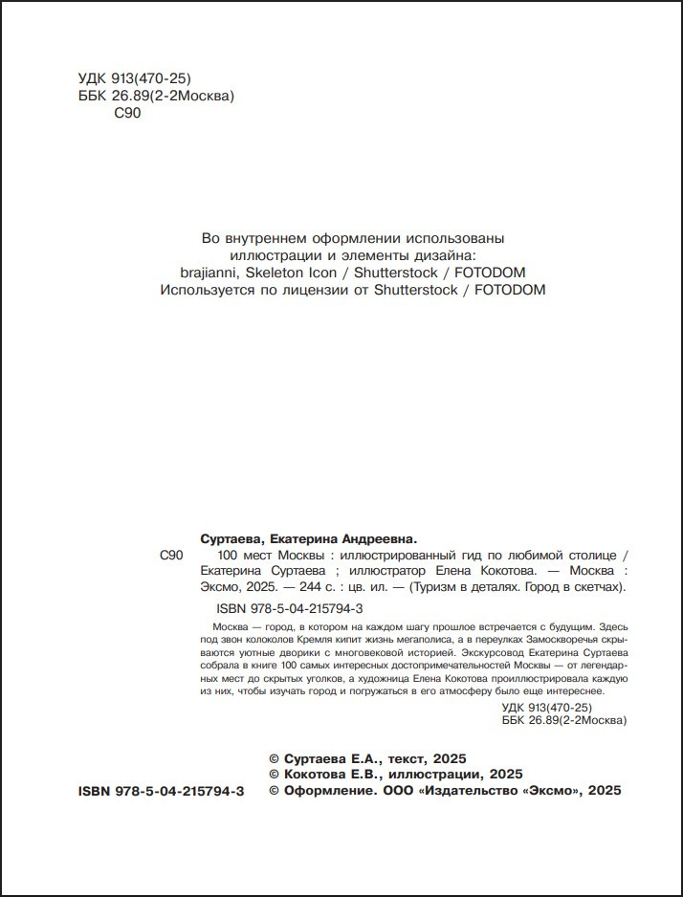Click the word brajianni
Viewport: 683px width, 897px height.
(208, 273)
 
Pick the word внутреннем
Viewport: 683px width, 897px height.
(267, 238)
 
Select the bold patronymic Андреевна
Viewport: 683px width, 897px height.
(376, 538)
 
